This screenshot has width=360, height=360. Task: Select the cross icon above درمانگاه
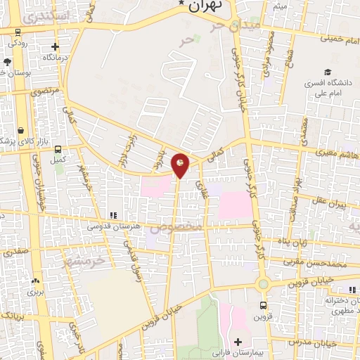(x=56, y=46)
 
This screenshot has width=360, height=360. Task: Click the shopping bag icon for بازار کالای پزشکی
(x=22, y=130)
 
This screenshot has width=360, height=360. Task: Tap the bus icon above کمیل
(x=58, y=149)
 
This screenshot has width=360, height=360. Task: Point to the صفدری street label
(x=15, y=251)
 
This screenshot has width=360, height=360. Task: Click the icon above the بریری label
(x=33, y=280)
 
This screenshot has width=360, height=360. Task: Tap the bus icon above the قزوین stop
(x=264, y=305)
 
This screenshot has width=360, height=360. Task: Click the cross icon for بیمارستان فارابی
(x=238, y=341)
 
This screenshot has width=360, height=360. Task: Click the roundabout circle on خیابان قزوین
(x=263, y=285)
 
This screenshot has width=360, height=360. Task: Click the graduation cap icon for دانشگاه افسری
(x=327, y=72)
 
